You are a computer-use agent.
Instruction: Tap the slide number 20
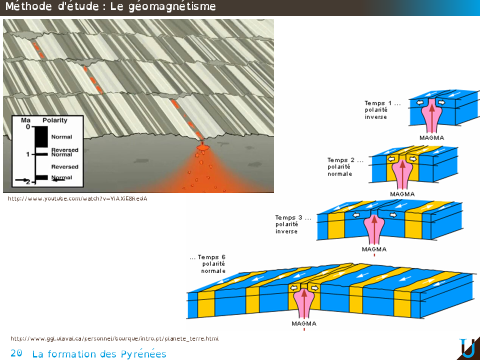point(16,353)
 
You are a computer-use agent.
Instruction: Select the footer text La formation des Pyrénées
point(99,354)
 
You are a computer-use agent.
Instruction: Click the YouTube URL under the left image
point(78,198)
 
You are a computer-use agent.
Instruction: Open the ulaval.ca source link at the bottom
point(114,338)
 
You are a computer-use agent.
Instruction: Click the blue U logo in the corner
point(467,348)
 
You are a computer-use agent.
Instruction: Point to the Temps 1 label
point(382,103)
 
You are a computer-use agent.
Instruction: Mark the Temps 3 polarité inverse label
point(293,224)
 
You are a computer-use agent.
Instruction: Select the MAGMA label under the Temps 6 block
point(303,323)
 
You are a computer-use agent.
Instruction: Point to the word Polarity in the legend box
point(55,120)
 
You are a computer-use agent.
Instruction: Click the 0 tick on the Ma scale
point(28,127)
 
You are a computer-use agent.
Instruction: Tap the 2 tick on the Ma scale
point(28,181)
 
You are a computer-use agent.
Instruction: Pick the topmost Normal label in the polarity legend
point(61,137)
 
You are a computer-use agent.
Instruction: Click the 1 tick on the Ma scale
point(28,154)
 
